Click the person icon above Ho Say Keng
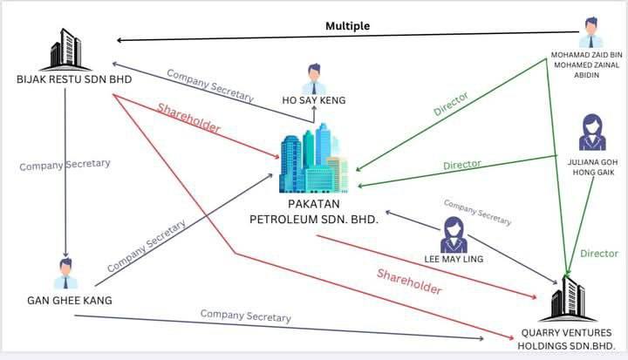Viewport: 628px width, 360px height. (313, 78)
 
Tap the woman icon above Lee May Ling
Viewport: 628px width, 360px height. (454, 234)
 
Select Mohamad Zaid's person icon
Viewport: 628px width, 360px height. (590, 33)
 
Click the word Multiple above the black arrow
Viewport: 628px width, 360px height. (348, 26)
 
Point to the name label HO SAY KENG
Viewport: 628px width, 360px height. (313, 101)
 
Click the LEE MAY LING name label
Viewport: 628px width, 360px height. (454, 260)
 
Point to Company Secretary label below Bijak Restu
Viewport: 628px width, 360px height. (65, 164)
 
